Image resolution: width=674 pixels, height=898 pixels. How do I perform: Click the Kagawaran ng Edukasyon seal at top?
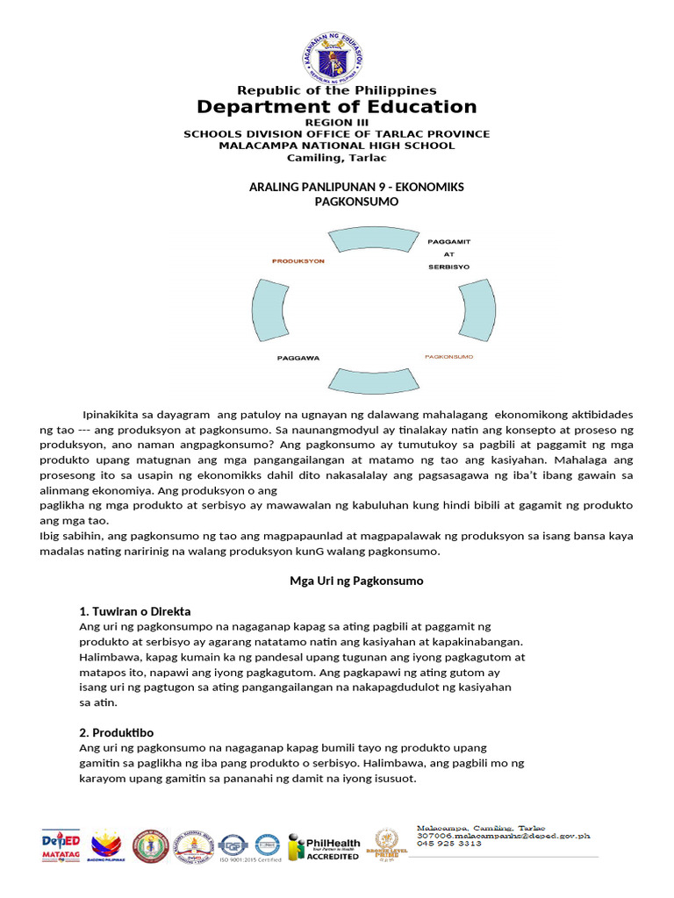336,55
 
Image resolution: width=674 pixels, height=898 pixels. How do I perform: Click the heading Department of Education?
336,107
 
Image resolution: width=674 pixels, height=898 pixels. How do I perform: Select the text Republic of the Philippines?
336,90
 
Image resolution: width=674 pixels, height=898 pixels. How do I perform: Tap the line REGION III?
336,122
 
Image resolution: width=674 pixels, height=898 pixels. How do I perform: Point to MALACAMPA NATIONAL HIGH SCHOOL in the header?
336,146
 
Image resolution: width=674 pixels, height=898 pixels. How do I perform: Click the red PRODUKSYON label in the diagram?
298,261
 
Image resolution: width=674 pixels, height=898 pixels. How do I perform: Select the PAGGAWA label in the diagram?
298,358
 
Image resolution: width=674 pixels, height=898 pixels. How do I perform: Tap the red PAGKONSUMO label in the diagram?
448,357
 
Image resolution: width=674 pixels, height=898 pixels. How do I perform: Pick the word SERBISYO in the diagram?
448,266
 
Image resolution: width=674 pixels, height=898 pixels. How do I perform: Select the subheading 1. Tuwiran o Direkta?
135,611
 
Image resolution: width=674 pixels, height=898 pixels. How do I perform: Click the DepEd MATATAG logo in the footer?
61,845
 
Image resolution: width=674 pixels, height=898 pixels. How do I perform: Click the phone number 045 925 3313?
448,844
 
